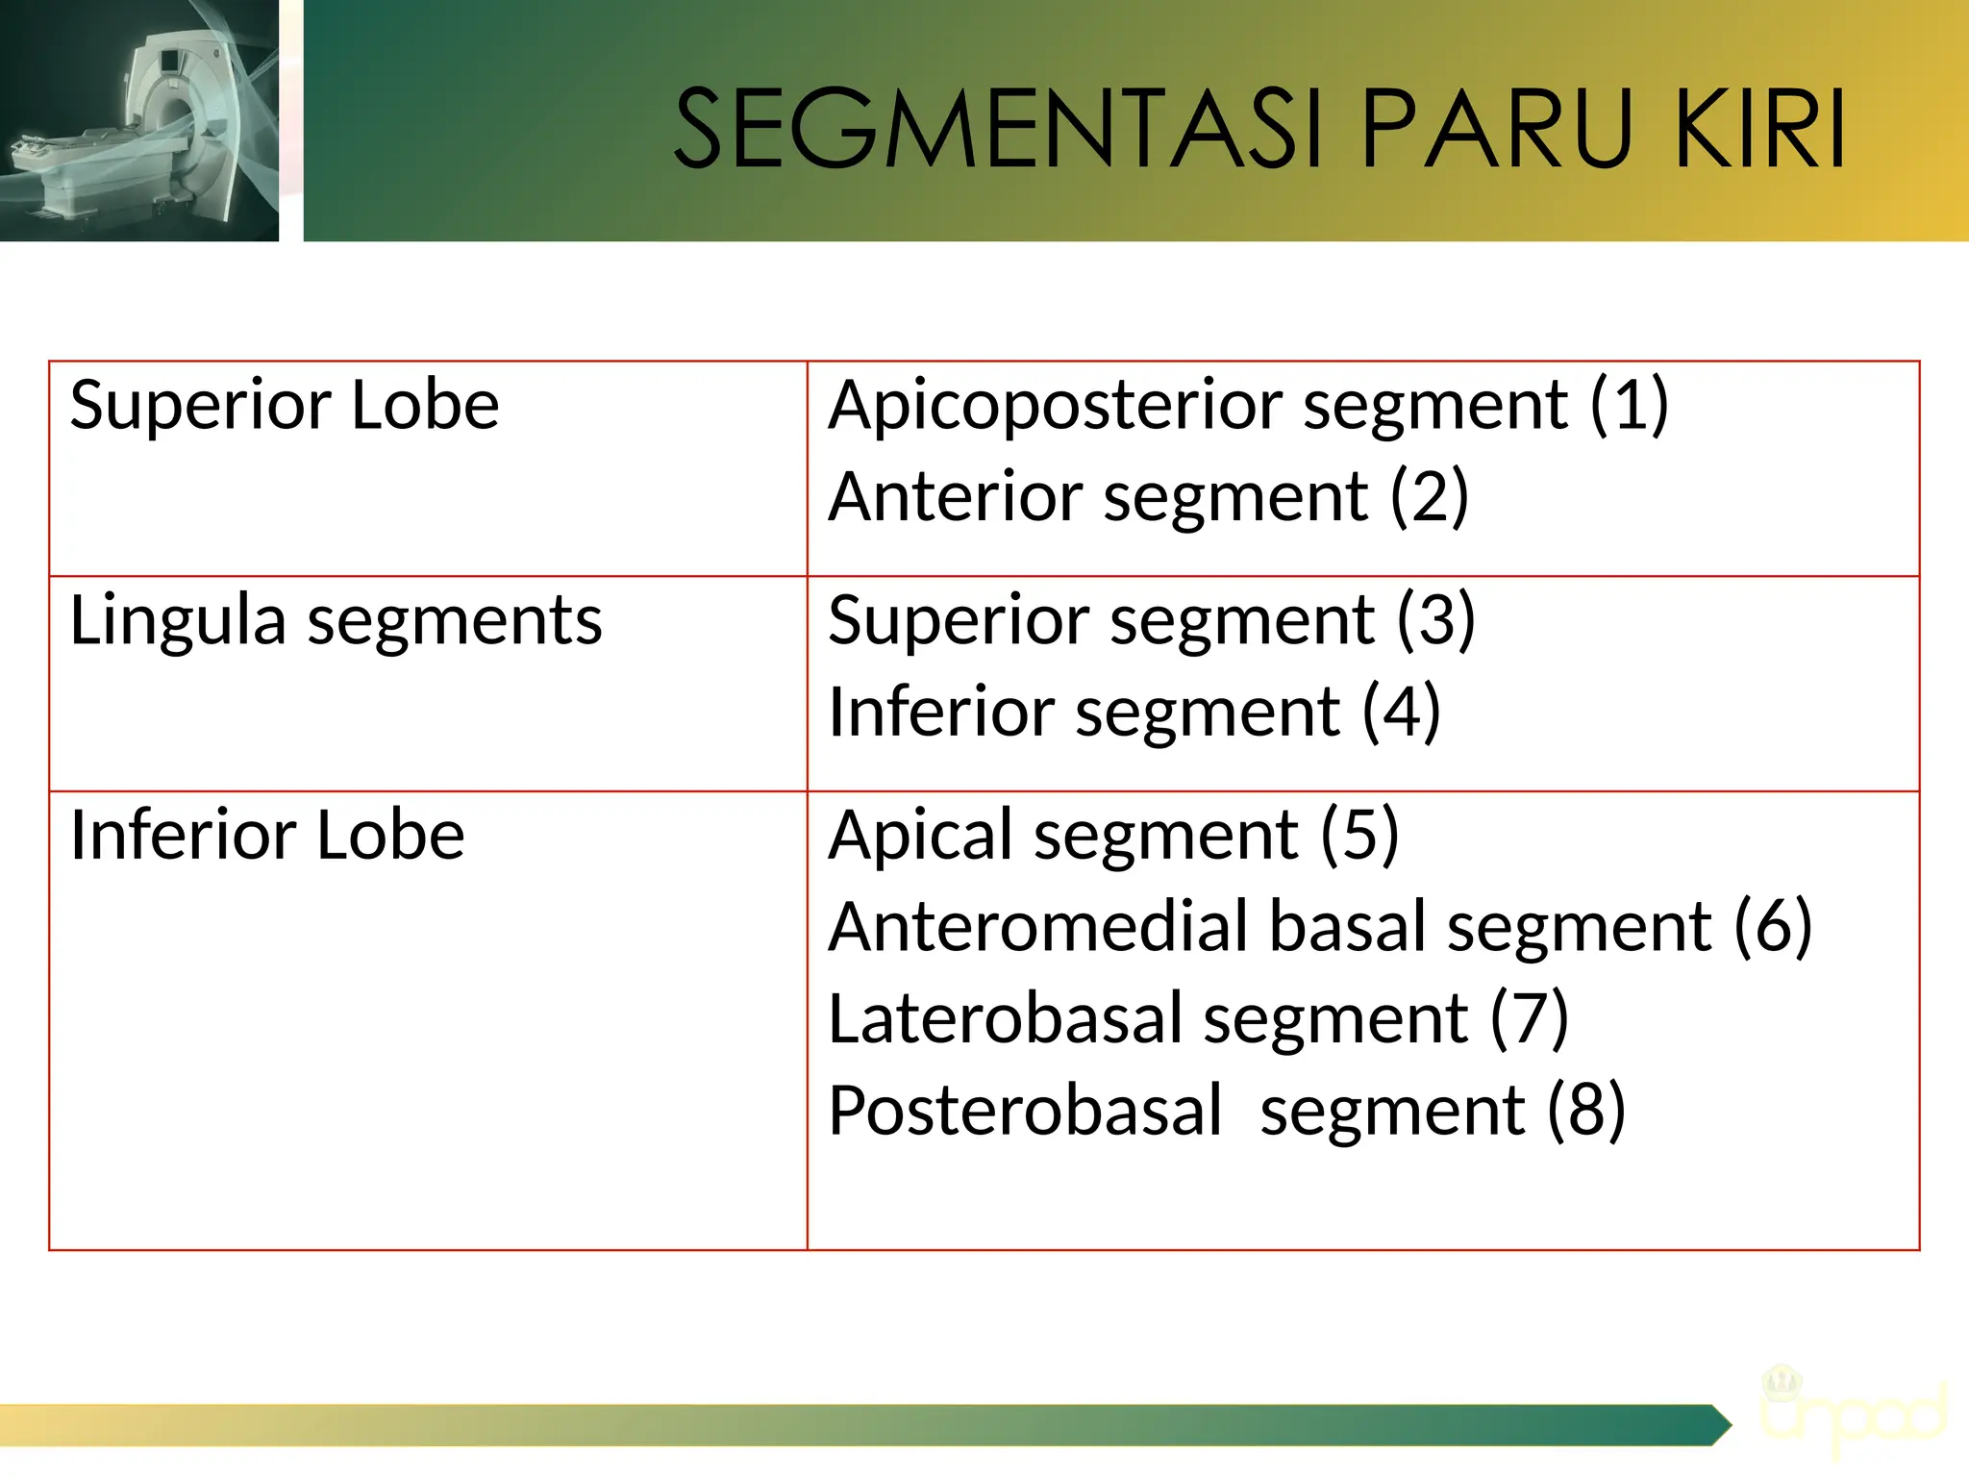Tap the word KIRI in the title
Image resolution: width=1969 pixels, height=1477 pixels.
1758,129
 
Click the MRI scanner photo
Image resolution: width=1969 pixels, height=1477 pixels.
139,120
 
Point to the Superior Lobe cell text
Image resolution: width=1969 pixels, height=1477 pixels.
285,405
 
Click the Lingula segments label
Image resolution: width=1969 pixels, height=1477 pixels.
336,620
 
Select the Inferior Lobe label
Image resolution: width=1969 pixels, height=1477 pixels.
267,835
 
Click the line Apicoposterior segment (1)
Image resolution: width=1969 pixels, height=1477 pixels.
1248,405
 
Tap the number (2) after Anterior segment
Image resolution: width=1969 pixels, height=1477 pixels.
1429,497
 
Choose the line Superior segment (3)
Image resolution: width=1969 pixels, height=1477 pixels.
1151,620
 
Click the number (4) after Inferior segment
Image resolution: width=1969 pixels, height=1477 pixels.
1401,713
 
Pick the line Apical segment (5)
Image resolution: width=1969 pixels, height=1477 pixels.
1113,835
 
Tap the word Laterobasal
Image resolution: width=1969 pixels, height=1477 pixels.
1006,1019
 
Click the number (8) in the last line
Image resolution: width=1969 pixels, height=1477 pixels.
1586,1111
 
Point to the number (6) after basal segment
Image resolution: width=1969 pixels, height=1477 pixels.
1773,927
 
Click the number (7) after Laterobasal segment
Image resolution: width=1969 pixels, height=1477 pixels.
1529,1019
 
